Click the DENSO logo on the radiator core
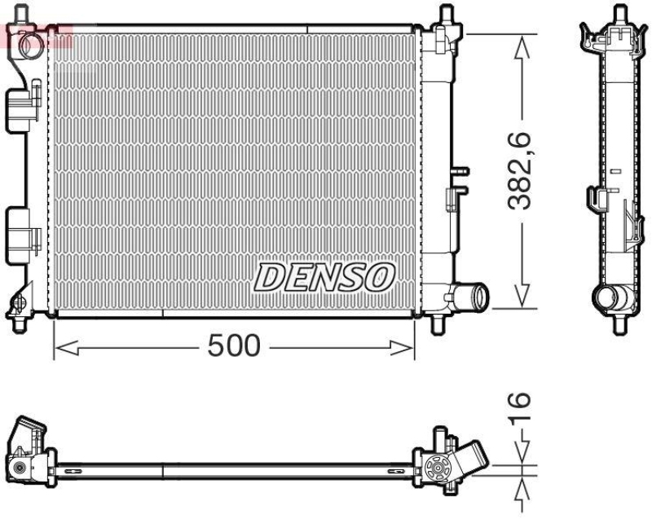(x=325, y=277)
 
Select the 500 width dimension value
(x=233, y=346)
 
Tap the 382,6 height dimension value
(x=521, y=170)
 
